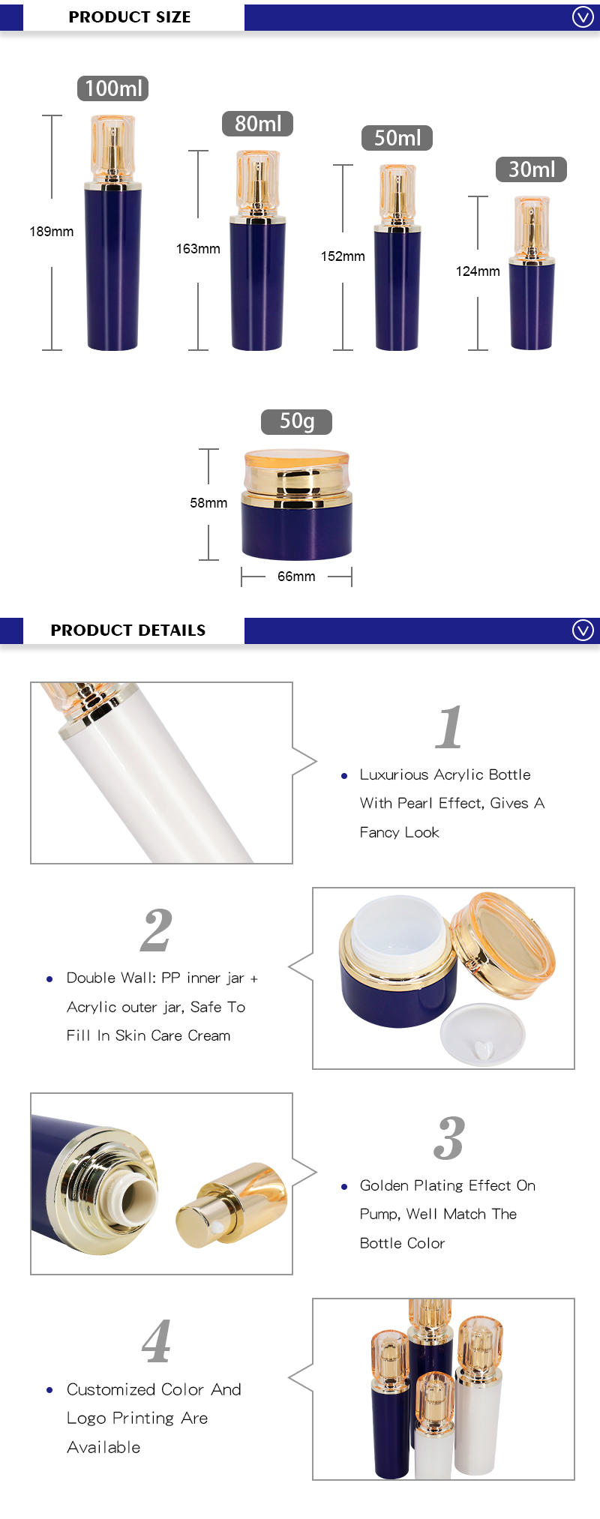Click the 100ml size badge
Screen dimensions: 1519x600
point(112,88)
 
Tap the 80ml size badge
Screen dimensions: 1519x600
point(257,124)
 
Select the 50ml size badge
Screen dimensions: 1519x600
point(397,138)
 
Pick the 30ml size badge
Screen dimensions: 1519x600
point(531,169)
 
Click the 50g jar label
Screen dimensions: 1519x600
point(296,421)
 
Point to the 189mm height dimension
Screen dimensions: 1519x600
point(52,232)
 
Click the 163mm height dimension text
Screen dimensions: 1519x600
point(198,249)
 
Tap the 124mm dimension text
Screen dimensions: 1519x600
point(478,271)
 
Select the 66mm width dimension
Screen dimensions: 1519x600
point(296,577)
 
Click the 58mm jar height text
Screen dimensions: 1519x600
point(208,503)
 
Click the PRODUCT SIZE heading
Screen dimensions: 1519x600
point(130,16)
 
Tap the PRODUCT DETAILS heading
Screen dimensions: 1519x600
point(128,630)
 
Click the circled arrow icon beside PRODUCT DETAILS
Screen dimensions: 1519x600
point(583,630)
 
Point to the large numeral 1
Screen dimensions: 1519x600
point(448,727)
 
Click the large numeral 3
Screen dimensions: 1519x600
point(448,1138)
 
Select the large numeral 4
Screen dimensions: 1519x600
point(156,1342)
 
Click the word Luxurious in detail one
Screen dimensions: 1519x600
point(394,774)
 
